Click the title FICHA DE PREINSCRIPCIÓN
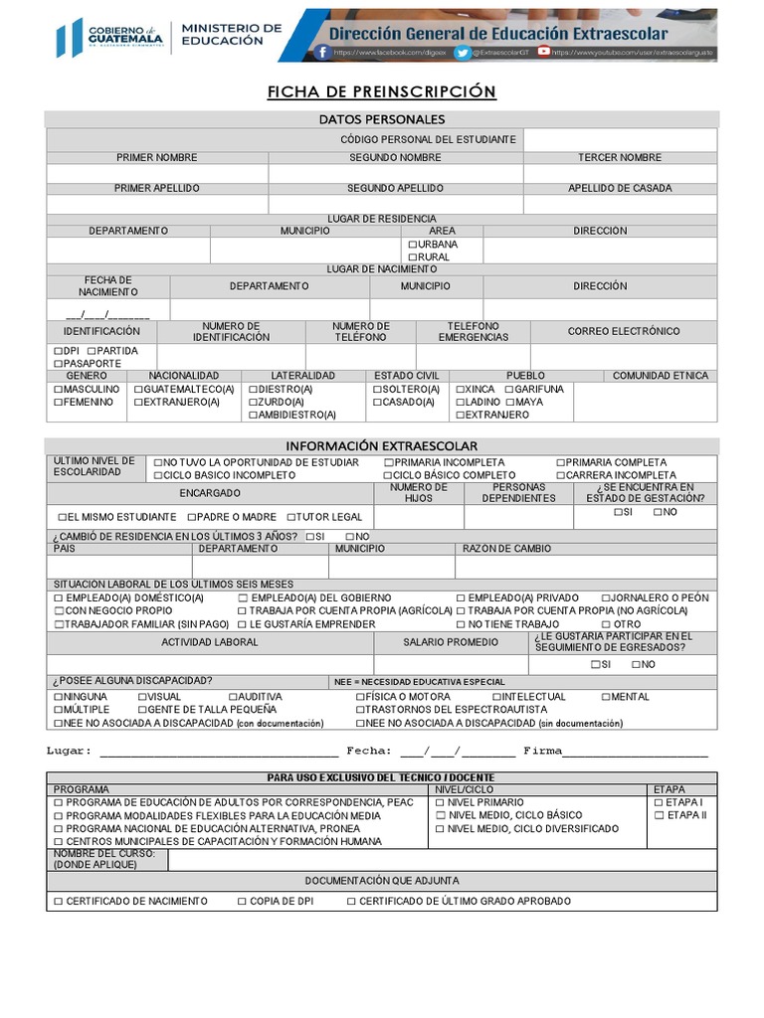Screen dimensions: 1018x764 pyautogui.click(x=381, y=91)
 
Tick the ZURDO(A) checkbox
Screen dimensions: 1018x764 pyautogui.click(x=253, y=403)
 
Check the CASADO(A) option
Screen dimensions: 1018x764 pyautogui.click(x=378, y=403)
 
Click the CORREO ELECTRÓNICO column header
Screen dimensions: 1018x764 pyautogui.click(x=624, y=331)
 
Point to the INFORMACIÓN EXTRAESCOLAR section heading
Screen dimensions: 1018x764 pyautogui.click(x=381, y=446)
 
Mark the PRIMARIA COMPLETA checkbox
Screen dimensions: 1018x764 pyautogui.click(x=561, y=463)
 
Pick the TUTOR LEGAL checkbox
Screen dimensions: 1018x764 pyautogui.click(x=291, y=517)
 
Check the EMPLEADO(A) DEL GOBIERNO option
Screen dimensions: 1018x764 pyautogui.click(x=243, y=598)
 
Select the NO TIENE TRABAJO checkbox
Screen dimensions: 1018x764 pyautogui.click(x=462, y=624)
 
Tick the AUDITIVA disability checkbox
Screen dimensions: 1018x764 pyautogui.click(x=233, y=697)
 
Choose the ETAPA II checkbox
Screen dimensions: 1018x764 pyautogui.click(x=659, y=815)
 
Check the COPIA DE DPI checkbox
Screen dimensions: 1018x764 pyautogui.click(x=243, y=901)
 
